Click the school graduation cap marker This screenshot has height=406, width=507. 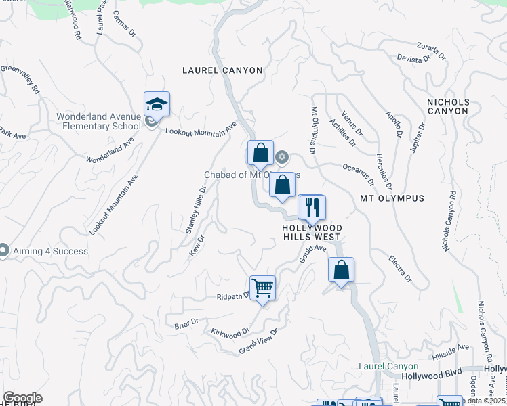(x=157, y=105)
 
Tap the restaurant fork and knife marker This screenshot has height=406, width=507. (x=312, y=206)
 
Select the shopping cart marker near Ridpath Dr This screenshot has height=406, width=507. (x=262, y=288)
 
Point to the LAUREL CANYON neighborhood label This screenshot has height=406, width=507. (x=222, y=70)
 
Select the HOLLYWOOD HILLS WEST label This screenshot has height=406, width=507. (x=312, y=233)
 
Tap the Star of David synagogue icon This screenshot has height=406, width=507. (x=282, y=158)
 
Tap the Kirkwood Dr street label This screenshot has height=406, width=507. (x=231, y=332)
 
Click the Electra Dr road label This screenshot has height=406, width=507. (x=401, y=268)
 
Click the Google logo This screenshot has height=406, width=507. (x=22, y=398)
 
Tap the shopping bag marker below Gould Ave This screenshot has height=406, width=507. (x=342, y=270)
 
